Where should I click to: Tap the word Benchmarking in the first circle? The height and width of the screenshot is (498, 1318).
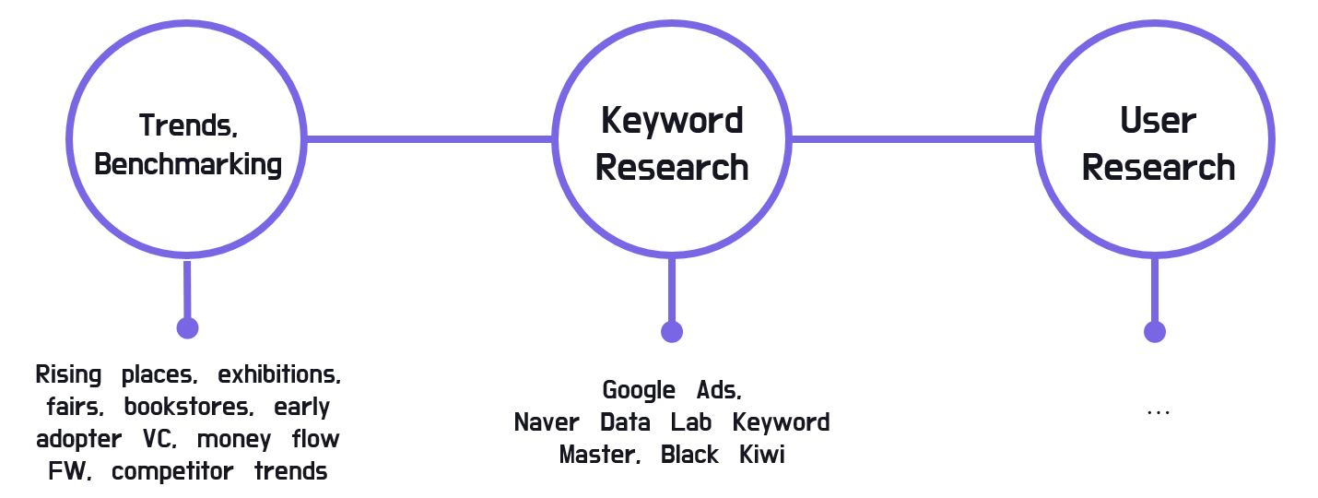pos(188,164)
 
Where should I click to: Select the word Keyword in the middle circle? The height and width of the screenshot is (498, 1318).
pos(672,121)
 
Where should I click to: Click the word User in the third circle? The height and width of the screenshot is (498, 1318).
pos(1159,121)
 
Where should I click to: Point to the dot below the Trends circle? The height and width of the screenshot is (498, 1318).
pos(187,326)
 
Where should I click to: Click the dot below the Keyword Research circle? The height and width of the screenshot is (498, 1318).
pos(672,332)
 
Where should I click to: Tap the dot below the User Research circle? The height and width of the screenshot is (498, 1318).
pos(1154,332)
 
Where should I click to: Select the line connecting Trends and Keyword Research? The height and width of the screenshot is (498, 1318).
pos(429,139)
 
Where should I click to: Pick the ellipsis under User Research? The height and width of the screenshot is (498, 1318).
pos(1158,412)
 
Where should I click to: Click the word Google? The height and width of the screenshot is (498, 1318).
pos(639,390)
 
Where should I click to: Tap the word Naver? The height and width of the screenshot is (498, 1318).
pos(547,422)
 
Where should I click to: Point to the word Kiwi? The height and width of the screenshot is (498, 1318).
pos(762,455)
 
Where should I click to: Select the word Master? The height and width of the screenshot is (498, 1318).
pos(599,455)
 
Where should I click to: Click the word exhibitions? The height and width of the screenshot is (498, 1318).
pos(279,375)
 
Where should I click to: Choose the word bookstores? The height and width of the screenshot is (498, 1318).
pos(189,407)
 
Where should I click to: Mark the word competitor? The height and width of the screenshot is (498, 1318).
pos(171,471)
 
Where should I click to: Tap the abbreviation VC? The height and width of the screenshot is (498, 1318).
pos(159,439)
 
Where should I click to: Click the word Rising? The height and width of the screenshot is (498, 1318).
pos(69,375)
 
